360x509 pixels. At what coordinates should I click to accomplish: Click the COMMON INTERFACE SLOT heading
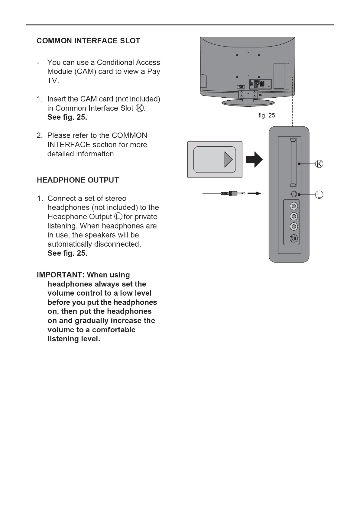tap(88, 41)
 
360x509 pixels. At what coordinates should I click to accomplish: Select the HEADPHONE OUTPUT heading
tap(78, 180)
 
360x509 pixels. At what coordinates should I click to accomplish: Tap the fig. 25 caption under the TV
tap(267, 115)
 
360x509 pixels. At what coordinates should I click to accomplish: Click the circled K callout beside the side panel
tap(319, 164)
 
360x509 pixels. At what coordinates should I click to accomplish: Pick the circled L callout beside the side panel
tap(319, 195)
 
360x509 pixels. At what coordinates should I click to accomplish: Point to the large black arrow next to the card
tap(254, 160)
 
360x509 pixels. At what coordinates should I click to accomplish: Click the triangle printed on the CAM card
tap(228, 160)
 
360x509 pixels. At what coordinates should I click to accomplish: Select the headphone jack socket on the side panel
tap(294, 194)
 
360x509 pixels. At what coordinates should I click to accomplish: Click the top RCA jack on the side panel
tap(294, 206)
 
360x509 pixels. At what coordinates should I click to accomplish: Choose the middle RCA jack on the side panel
tap(294, 216)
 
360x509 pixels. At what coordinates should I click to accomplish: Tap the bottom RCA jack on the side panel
tap(294, 226)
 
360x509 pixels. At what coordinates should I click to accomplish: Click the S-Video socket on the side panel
tap(294, 238)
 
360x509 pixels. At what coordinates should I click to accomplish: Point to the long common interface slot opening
tap(293, 162)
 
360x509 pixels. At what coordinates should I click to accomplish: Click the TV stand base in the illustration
tap(248, 103)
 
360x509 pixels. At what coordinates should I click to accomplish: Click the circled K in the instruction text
tap(140, 108)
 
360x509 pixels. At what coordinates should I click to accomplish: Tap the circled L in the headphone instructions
tap(118, 217)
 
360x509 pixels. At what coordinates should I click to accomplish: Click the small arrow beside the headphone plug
tap(254, 193)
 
